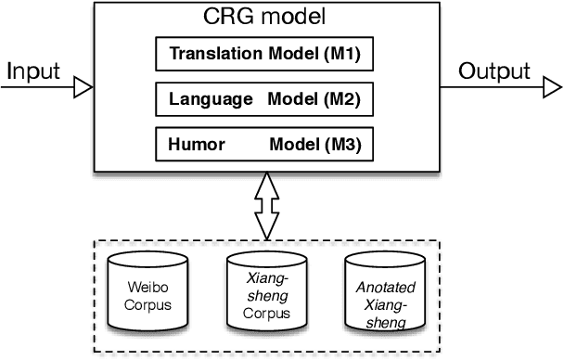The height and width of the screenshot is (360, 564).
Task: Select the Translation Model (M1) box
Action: point(264,55)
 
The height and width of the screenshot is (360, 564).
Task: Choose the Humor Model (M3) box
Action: point(264,144)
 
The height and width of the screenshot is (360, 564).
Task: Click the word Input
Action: point(34,71)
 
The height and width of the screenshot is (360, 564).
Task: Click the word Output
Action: point(494,71)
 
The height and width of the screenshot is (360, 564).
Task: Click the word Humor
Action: point(191,144)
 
